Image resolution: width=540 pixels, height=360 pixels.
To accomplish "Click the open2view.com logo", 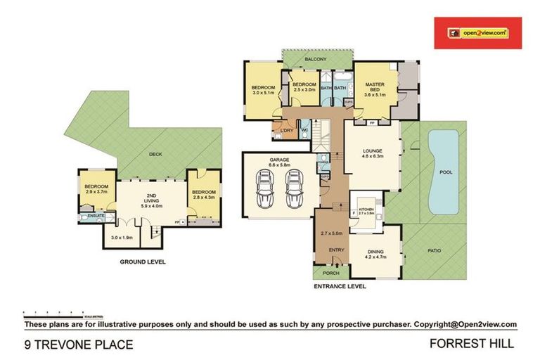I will (477, 32).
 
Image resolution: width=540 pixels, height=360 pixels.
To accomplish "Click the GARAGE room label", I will (279, 160).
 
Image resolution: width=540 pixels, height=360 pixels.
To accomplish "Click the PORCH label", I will (330, 273).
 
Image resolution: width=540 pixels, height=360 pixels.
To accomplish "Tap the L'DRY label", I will (286, 131).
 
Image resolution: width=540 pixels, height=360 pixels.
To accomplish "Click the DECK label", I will (155, 155).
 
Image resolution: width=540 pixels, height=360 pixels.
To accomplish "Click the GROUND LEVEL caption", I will (143, 261).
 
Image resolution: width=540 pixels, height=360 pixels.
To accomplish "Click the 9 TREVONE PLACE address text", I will (78, 344).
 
